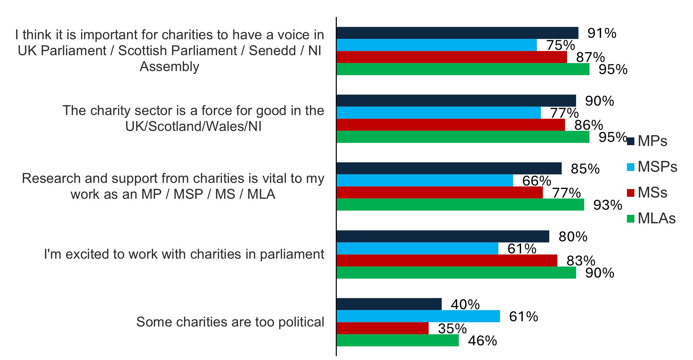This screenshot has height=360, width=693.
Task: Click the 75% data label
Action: pyautogui.click(x=560, y=45)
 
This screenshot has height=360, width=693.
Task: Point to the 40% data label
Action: pyautogui.click(x=465, y=304)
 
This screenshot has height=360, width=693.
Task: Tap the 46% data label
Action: pyautogui.click(x=482, y=341)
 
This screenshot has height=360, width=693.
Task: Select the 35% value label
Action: pyautogui.click(x=452, y=329)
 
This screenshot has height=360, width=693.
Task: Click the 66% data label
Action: pyautogui.click(x=537, y=181)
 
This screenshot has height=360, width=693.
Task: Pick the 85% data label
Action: pyautogui.click(x=585, y=169)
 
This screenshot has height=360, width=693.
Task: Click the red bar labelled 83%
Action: pyautogui.click(x=447, y=260)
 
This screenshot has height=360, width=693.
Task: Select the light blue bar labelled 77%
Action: pyautogui.click(x=438, y=113)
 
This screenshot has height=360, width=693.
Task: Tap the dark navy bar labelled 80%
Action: pyautogui.click(x=443, y=236)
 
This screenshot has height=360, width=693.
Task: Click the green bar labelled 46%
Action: pyautogui.click(x=397, y=340)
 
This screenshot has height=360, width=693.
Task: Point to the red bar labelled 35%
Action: pyautogui.click(x=382, y=328)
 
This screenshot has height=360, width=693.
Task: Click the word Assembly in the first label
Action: pyautogui.click(x=169, y=66)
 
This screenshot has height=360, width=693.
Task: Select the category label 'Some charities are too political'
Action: pyautogui.click(x=230, y=322)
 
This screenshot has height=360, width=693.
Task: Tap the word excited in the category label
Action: pyautogui.click(x=87, y=254)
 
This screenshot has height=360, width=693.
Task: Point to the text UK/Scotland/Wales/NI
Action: pyautogui.click(x=193, y=126)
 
